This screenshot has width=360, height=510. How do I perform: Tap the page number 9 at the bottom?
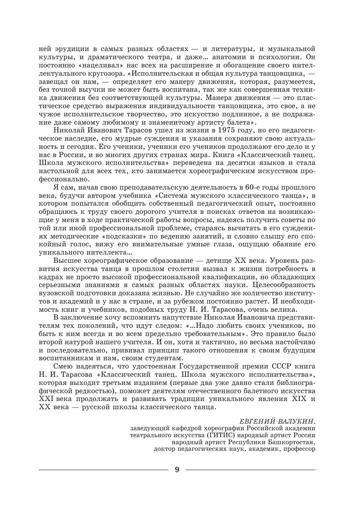point(177,470)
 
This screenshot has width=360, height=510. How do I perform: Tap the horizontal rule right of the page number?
point(251,469)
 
